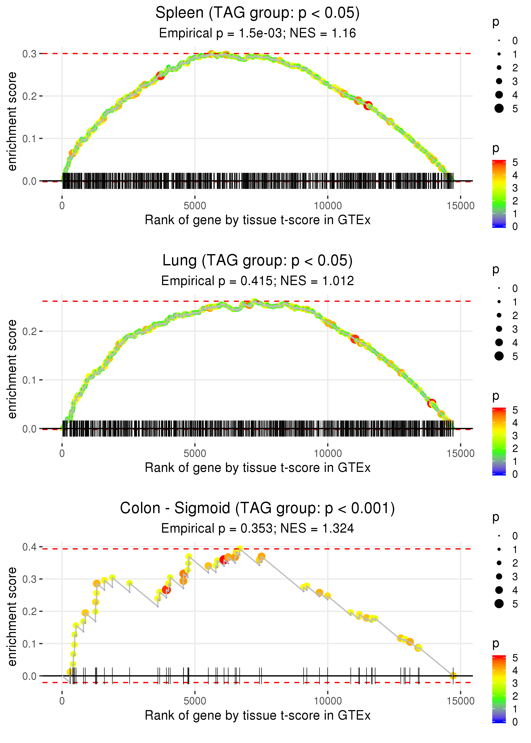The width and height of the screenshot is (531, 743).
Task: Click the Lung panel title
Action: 257,261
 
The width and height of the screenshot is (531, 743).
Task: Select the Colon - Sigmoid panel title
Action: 257,508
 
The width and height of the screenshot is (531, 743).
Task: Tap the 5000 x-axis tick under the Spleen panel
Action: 195,206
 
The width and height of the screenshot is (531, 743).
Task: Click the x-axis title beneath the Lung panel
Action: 258,468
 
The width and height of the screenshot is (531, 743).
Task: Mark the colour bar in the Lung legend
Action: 499,441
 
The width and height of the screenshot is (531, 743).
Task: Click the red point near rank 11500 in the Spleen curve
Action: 368,106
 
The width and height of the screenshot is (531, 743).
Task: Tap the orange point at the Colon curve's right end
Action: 453,676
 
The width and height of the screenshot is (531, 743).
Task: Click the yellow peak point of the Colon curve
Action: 240,549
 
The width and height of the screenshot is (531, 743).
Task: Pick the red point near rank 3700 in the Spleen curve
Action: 161,76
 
